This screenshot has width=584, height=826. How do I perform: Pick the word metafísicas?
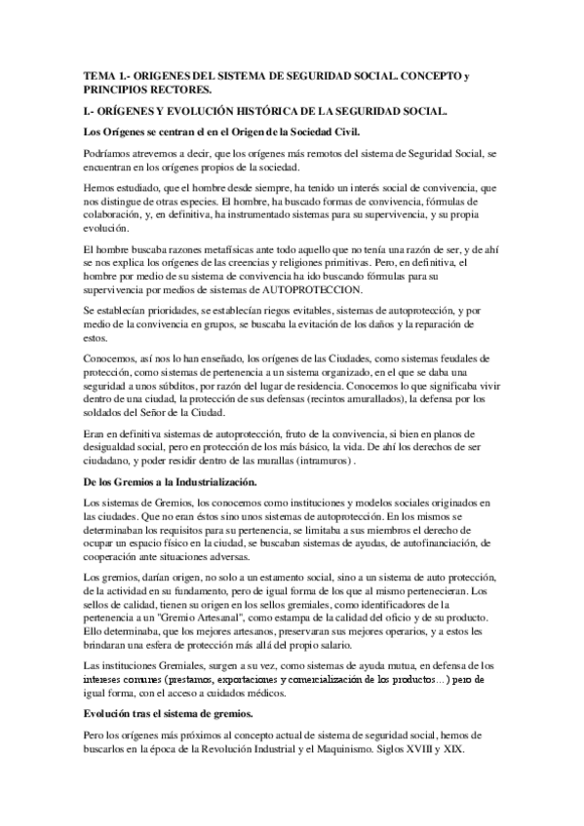coord(217,250)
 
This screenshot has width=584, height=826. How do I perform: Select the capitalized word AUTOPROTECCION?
coord(315,290)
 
